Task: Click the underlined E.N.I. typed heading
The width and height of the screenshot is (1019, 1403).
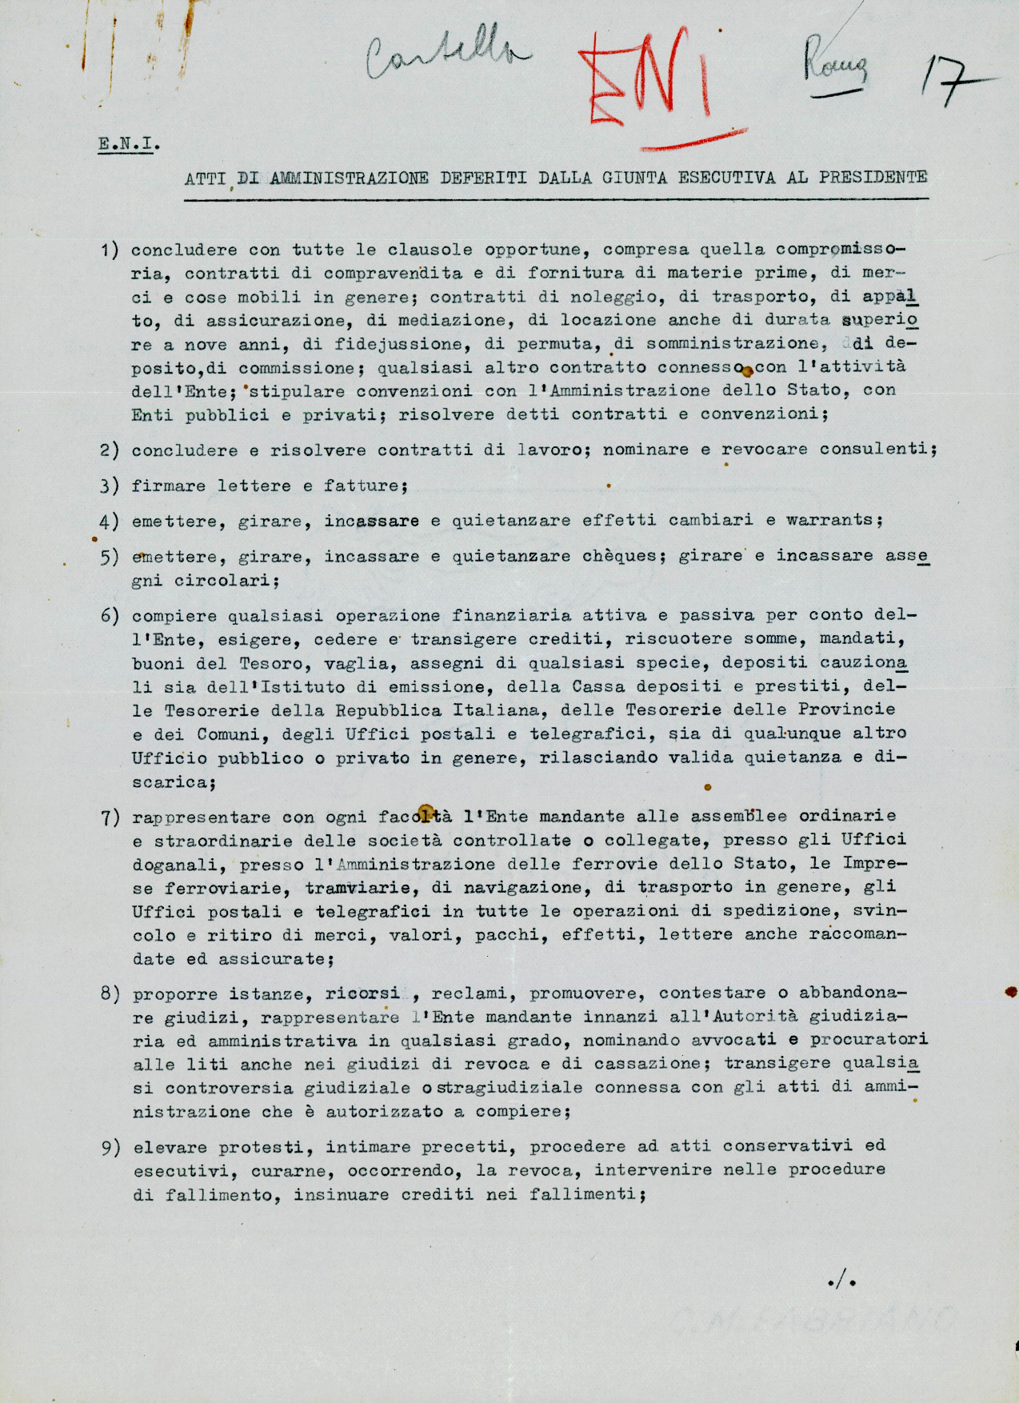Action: pyautogui.click(x=128, y=145)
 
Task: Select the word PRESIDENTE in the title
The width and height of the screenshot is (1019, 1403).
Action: pyautogui.click(x=873, y=178)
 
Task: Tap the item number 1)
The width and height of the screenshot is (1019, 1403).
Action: pyautogui.click(x=110, y=250)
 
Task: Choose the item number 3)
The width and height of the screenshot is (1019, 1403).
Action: pyautogui.click(x=110, y=486)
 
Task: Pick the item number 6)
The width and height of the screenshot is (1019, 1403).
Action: pyautogui.click(x=110, y=616)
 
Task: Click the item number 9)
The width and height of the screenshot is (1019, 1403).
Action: pyautogui.click(x=110, y=1148)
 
